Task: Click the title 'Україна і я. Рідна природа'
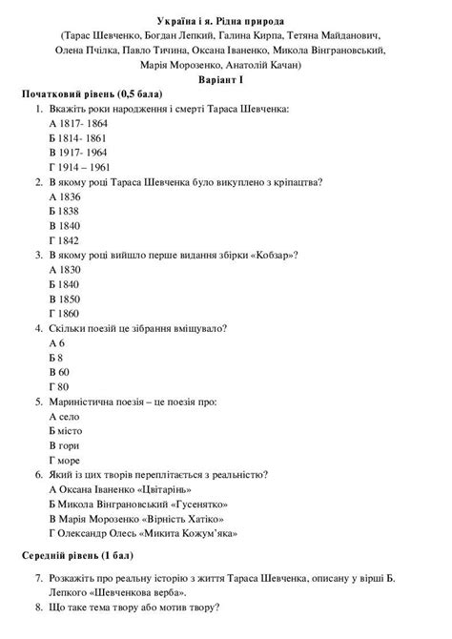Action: (226, 20)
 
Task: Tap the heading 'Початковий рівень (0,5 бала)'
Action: (92, 95)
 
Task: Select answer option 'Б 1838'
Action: (63, 211)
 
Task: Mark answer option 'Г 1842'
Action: (63, 240)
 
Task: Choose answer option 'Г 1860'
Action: (63, 313)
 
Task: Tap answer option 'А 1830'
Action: (63, 270)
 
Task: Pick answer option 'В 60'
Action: (58, 371)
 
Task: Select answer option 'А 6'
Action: (55, 342)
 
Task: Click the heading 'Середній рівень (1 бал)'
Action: (77, 554)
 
